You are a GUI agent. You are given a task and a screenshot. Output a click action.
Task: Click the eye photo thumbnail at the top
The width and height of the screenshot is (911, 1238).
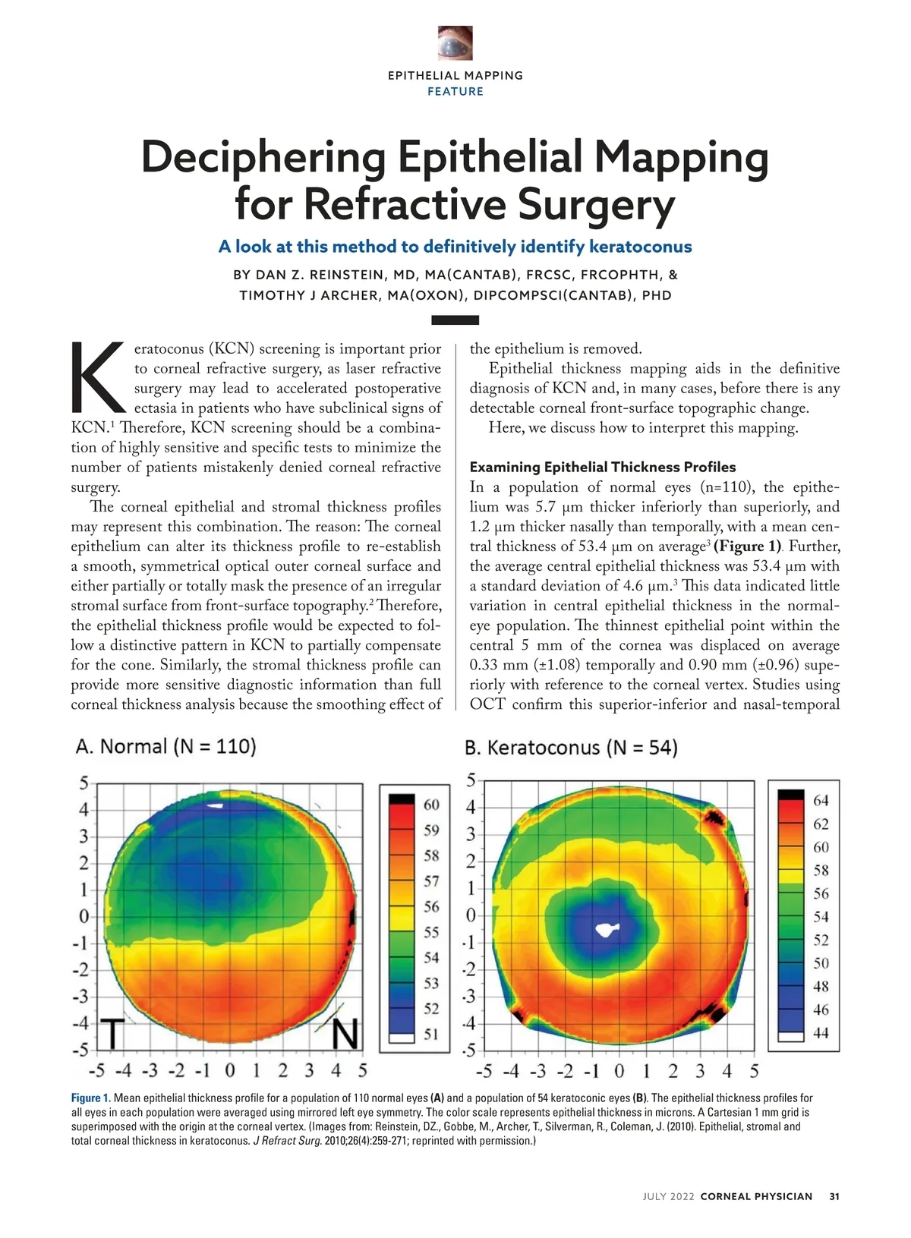coord(455,43)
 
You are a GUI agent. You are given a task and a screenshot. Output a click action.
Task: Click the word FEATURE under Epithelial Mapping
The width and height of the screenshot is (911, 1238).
coord(455,92)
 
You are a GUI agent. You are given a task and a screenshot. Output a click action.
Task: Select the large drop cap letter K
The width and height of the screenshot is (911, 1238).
coord(97,377)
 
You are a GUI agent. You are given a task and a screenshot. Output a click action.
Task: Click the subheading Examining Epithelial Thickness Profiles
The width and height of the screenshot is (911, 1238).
coord(603,467)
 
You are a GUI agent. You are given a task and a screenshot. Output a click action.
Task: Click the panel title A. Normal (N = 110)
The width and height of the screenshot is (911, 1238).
coord(165,747)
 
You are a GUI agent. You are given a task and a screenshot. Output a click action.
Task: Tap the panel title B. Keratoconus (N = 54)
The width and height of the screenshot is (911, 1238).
coord(571,748)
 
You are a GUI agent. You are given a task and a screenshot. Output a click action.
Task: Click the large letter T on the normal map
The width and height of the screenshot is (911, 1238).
coord(112,1032)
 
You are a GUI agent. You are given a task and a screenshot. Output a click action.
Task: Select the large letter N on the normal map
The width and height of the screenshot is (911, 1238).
coord(345,1034)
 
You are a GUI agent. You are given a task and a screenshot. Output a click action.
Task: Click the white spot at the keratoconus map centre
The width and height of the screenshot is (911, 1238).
coord(607,929)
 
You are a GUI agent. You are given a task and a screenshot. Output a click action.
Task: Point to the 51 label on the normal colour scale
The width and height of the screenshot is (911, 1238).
coord(431,1034)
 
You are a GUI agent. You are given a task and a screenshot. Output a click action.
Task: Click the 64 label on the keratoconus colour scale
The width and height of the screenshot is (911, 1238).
coord(821,801)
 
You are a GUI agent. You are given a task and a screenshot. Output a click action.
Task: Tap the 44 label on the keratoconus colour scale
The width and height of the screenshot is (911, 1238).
coord(821,1033)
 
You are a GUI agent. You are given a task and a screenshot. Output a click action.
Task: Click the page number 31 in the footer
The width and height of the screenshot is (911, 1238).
coord(834,1196)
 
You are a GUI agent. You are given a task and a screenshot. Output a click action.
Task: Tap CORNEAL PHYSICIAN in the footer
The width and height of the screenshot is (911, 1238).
coord(756,1196)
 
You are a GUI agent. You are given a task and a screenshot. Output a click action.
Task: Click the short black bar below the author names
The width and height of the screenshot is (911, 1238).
coord(455,320)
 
